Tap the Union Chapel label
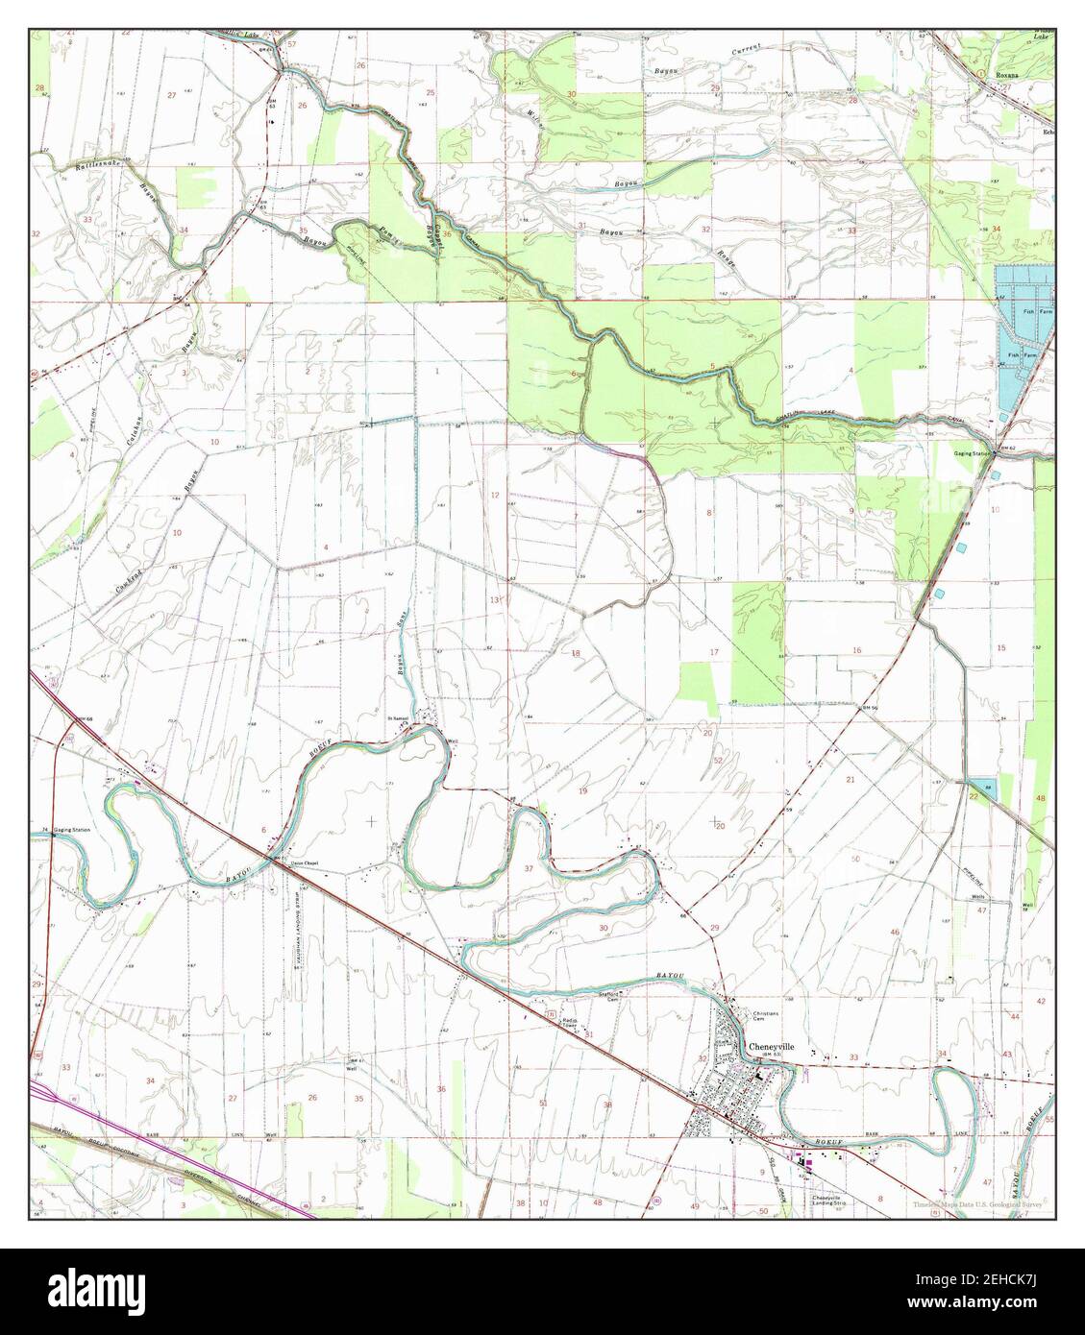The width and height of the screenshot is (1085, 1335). tap(303, 862)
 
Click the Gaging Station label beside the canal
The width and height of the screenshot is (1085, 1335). tap(971, 448)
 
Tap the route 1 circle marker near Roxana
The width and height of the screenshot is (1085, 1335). tap(979, 73)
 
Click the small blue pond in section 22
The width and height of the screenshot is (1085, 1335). tap(980, 788)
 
